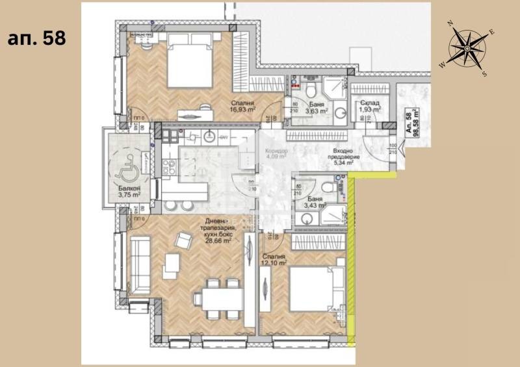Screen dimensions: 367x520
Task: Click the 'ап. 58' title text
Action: [36, 38]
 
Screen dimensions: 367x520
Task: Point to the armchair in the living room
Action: [184, 242]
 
